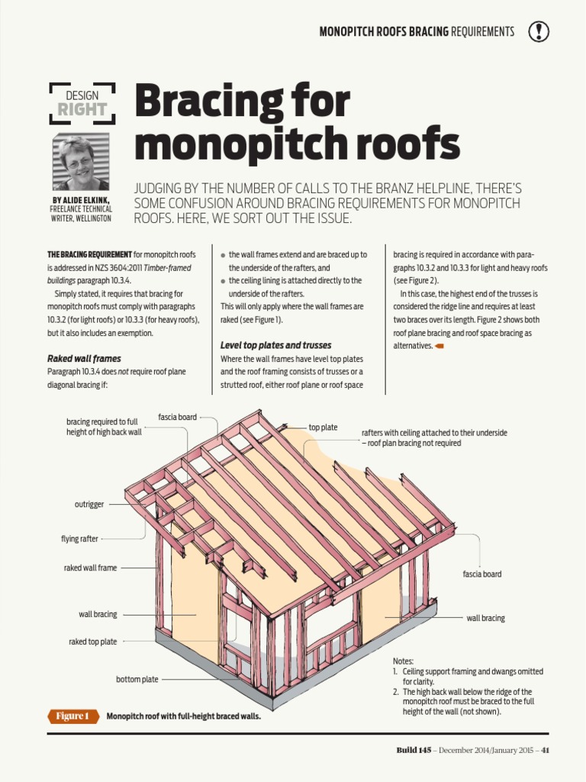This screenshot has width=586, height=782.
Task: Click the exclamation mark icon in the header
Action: coord(539,31)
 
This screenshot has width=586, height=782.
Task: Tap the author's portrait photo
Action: coord(80,162)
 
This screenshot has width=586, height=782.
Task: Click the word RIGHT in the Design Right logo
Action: coord(82,109)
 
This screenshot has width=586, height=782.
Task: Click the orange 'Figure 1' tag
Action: coord(73,716)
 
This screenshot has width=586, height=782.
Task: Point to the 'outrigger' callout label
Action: coord(89,505)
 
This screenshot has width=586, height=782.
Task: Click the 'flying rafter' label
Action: coord(79,539)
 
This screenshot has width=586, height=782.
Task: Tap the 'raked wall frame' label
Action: coord(90,568)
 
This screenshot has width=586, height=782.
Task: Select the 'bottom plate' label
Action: coord(137,679)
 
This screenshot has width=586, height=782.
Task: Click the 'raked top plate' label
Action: coord(93,642)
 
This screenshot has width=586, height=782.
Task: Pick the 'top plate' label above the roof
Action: coord(323,428)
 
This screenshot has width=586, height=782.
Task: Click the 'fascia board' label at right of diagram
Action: coord(482,574)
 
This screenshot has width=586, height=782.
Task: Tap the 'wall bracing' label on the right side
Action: coord(485,618)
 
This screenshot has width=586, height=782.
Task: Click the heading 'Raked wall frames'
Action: coord(84,358)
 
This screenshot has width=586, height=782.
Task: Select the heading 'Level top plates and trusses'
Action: coord(275,345)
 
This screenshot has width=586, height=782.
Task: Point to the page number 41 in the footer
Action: coord(545,750)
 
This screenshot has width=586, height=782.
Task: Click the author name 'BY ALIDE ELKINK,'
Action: coord(80,200)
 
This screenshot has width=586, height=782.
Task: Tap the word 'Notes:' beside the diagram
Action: coord(403,661)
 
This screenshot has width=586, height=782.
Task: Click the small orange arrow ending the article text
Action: coord(439,346)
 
